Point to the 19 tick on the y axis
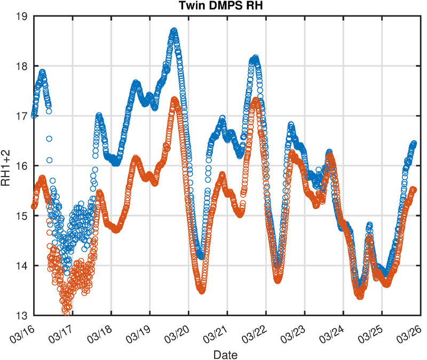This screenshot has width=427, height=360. pos(23,17)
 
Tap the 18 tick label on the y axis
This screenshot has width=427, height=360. pos(23,67)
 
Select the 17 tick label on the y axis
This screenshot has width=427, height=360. pos(23,116)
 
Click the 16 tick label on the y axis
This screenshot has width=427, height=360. pos(23,166)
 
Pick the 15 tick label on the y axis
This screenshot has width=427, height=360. pos(23,215)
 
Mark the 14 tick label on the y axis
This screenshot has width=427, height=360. pos(23,265)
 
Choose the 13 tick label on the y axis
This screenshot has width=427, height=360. pos(23,315)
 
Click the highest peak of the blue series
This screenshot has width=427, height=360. pos(173,31)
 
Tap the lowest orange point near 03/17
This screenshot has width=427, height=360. pos(66,312)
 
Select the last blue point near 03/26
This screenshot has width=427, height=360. pos(414,143)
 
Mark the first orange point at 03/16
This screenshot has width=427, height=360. pos(34,206)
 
